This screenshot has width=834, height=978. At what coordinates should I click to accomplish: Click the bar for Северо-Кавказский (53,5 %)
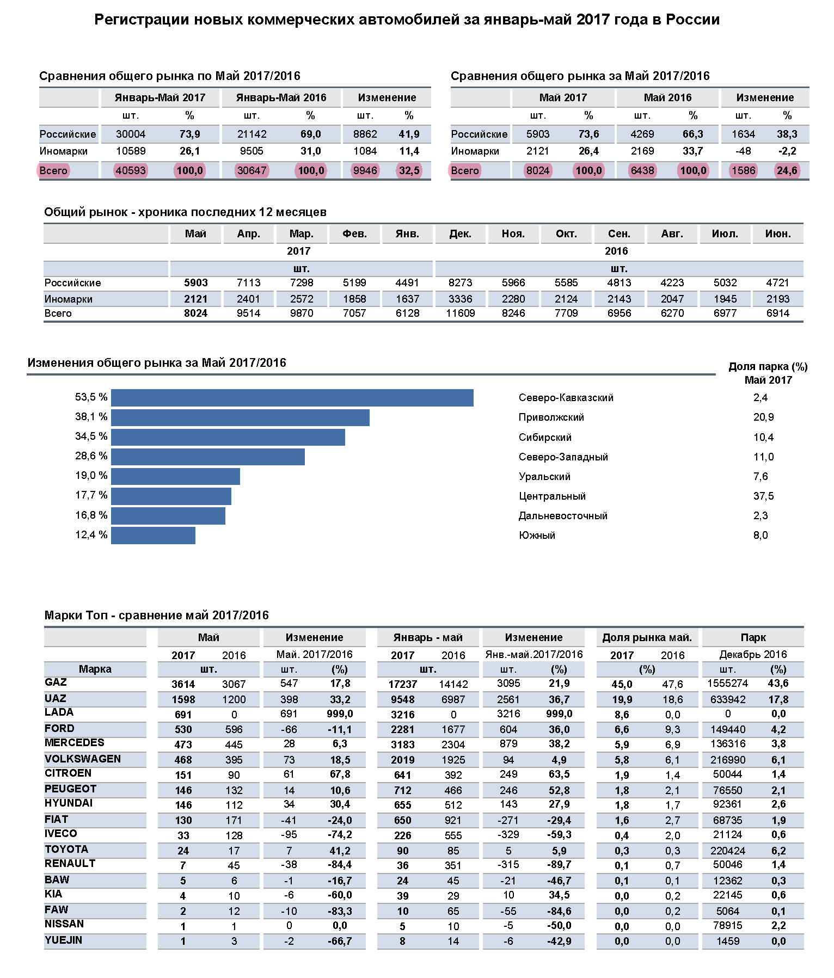[x=292, y=398]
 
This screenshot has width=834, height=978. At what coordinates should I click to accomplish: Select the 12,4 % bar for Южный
[x=153, y=536]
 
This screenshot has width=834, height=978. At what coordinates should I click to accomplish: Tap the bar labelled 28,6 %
[x=207, y=457]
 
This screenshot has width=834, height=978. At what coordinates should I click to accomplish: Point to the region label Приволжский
[x=551, y=417]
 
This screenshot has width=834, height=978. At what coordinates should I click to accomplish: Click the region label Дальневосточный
[x=563, y=516]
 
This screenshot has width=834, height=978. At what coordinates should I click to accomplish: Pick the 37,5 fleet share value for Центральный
[x=763, y=496]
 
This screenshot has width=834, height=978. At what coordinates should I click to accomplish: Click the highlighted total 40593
[x=131, y=170]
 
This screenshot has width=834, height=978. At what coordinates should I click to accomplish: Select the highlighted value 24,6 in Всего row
[x=787, y=170]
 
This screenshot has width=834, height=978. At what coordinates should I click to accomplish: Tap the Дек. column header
[x=460, y=234]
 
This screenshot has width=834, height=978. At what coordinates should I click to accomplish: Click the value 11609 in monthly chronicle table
[x=460, y=313]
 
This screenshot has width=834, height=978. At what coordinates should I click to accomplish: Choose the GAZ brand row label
[x=56, y=682]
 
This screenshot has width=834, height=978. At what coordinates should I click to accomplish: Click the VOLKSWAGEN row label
[x=83, y=759]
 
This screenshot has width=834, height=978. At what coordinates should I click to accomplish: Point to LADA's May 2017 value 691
[x=183, y=715]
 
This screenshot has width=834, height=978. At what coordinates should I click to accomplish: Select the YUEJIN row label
[x=63, y=940]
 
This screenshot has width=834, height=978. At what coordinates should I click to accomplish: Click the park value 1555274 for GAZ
[x=727, y=684]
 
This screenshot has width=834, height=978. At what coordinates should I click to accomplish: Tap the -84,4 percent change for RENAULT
[x=340, y=865]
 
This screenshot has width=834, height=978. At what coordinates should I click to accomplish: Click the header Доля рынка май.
[x=647, y=638]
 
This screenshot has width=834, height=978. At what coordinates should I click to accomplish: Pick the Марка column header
[x=95, y=669]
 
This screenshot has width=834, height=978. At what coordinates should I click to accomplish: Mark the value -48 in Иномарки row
[x=743, y=151]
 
